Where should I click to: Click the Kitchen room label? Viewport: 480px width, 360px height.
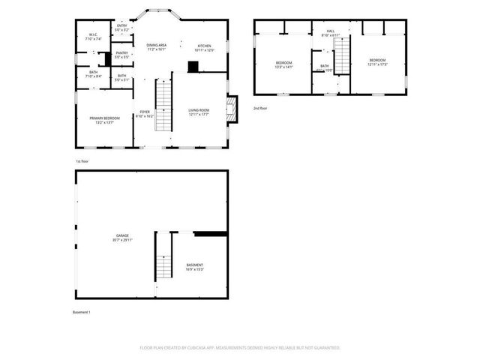[204, 48]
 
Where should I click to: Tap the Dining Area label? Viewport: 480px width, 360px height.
[157, 48]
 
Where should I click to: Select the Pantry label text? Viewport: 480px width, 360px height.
[121, 55]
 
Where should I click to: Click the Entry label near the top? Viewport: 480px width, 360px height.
[121, 28]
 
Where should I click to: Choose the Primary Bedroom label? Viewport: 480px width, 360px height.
[104, 120]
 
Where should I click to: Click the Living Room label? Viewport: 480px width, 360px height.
[199, 112]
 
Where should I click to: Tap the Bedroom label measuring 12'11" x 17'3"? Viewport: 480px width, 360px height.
[377, 62]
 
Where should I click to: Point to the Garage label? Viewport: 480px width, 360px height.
[121, 238]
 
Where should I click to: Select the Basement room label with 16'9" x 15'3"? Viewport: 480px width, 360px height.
[194, 267]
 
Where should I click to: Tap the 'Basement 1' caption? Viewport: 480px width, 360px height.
[81, 311]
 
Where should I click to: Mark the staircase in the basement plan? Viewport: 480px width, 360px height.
[163, 266]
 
